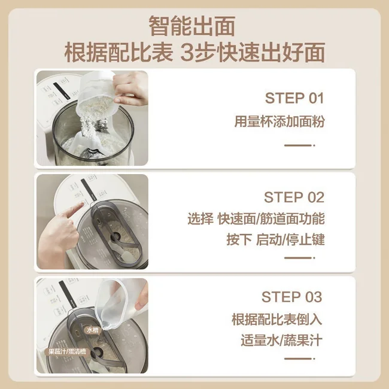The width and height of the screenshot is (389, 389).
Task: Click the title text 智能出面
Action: point(194,26)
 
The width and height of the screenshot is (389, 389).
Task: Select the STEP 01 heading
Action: point(294,98)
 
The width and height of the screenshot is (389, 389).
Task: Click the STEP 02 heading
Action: point(294,197)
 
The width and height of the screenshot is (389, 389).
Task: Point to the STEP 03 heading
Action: point(291,297)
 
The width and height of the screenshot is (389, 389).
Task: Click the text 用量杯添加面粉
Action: point(279,122)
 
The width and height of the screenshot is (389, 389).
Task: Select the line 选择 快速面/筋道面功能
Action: point(256,219)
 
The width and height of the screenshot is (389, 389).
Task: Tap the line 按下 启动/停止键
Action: point(275,239)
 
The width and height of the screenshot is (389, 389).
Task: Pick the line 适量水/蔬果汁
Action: point(281,341)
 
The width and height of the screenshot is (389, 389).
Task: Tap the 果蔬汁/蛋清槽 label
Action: point(68,352)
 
